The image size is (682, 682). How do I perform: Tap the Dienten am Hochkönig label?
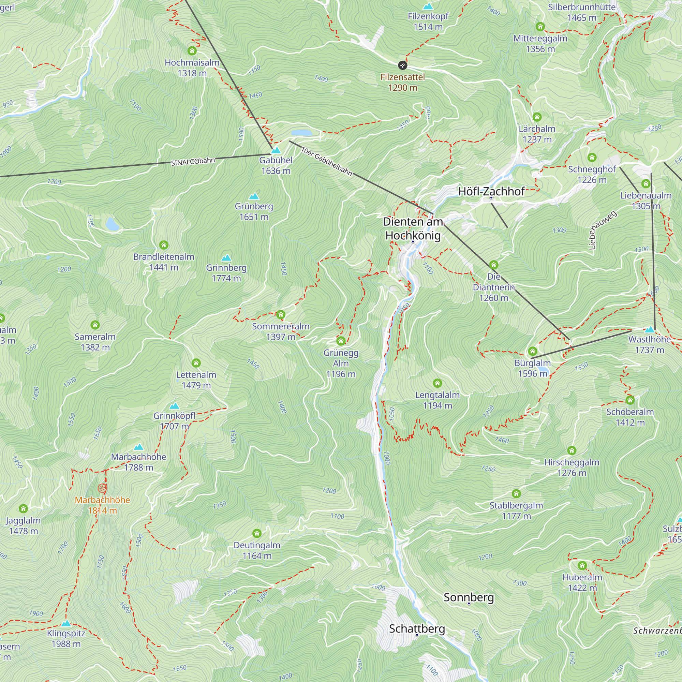click(413, 228)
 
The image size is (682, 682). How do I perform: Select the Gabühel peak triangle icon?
click(276, 150)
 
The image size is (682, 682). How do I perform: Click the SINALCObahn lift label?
click(193, 161)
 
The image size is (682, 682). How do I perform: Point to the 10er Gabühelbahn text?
click(327, 161)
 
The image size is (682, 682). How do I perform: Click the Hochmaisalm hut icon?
click(192, 51)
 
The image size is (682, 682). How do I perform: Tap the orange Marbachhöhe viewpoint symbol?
click(102, 488)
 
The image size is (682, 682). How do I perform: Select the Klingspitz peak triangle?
click(66, 623)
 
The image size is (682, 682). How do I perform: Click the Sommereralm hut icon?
click(281, 314)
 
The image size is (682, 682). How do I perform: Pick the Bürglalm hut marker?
click(532, 351)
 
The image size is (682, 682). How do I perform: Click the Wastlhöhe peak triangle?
click(650, 329)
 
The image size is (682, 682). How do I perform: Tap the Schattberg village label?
click(417, 628)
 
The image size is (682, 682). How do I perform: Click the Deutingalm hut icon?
click(257, 533)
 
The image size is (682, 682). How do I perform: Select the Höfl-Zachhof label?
click(491, 191)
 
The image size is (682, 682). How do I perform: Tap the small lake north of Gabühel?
click(301, 133)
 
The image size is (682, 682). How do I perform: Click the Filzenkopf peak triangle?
click(428, 6)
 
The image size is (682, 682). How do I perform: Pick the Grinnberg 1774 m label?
click(226, 272)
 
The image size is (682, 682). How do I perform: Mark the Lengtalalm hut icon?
click(438, 383)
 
